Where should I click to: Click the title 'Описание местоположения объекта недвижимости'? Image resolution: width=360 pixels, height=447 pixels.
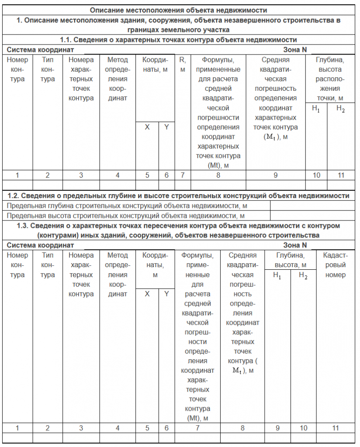178,10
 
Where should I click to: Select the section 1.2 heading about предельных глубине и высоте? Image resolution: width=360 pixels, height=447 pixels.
178,196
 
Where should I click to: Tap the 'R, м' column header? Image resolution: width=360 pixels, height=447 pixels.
183,64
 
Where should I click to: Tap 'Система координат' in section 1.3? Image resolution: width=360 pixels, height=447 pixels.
41,245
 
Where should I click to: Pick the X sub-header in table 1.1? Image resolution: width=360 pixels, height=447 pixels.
147,127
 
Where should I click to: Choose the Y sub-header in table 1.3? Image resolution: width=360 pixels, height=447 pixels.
166,294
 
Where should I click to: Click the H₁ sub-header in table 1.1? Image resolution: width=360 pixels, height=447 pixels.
316,110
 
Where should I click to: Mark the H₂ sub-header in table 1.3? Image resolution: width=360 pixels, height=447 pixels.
303,275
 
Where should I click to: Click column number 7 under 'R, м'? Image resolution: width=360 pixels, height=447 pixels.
183,175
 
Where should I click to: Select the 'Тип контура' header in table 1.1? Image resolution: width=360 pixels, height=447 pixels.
48,69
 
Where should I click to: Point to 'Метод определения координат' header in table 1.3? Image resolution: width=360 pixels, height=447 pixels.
117,275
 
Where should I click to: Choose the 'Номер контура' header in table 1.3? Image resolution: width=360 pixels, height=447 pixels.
17,265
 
